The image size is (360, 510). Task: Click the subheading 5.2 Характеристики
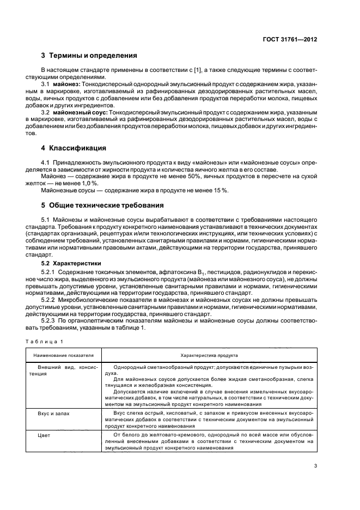(72, 263)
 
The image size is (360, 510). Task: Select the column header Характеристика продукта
(209, 355)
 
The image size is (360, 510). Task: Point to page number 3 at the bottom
(315, 465)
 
